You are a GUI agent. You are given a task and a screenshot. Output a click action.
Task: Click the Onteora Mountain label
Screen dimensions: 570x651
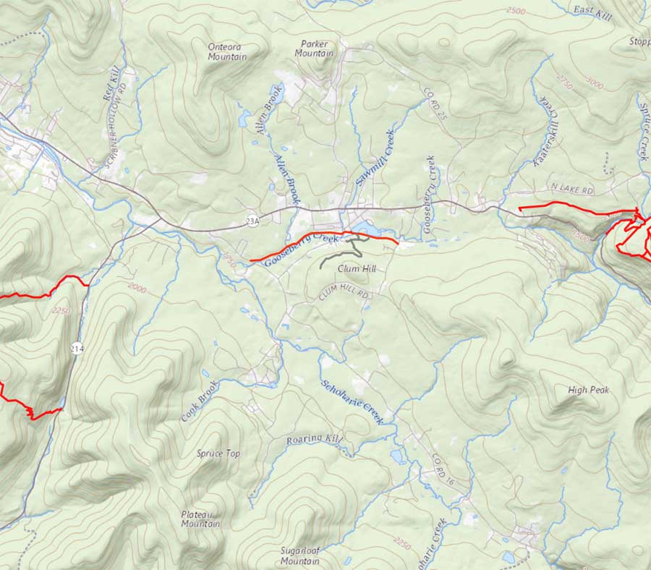(227, 51)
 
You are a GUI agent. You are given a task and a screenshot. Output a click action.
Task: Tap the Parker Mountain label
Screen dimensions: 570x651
(314, 48)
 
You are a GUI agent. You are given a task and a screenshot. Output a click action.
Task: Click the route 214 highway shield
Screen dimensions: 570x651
(77, 349)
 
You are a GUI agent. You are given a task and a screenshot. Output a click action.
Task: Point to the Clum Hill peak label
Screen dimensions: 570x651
(357, 268)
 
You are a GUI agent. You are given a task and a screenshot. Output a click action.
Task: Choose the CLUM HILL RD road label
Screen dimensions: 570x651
(344, 294)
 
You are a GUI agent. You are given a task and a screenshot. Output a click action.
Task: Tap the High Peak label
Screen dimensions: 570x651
(588, 390)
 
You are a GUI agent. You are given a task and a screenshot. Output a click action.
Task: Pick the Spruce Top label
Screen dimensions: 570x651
(218, 454)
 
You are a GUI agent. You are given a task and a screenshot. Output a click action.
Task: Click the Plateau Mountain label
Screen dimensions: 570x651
(201, 519)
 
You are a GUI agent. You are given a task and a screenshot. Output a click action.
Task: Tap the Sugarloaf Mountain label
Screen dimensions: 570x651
(300, 556)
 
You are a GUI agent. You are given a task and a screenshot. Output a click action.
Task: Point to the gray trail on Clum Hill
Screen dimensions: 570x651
(340, 252)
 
